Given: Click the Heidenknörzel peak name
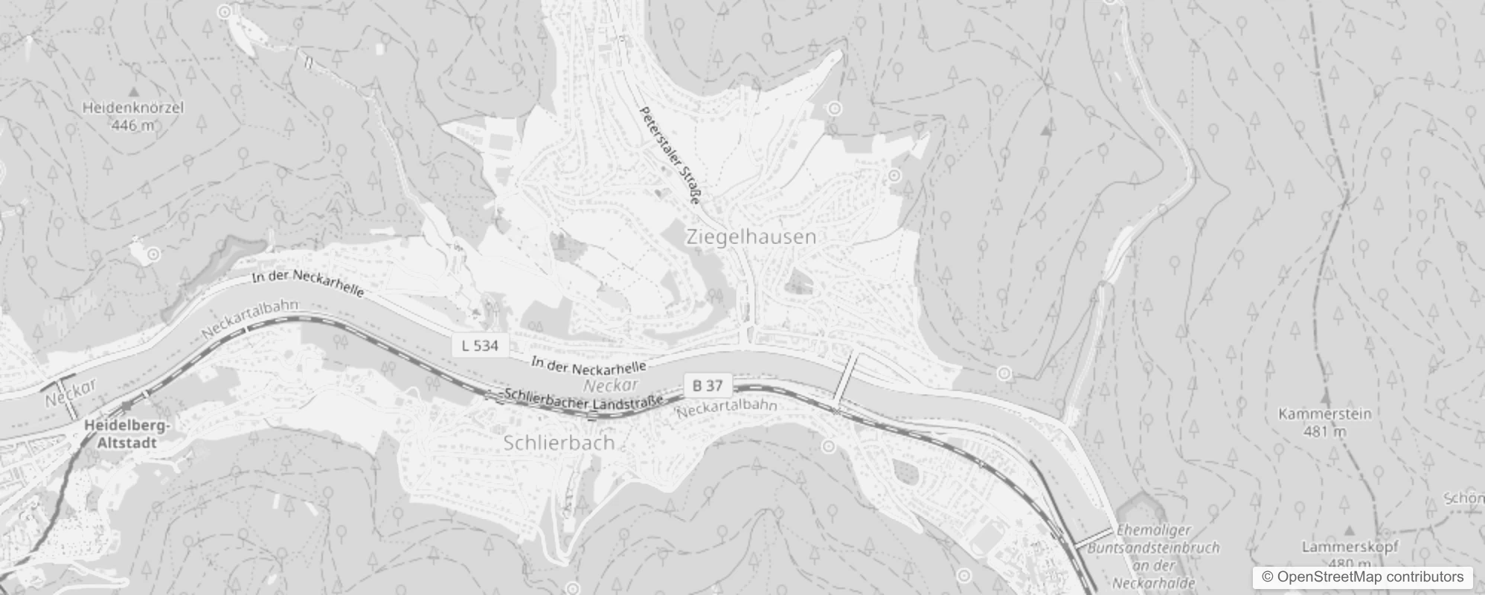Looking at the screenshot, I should pos(133,108).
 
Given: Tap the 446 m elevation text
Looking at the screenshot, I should pos(133,126).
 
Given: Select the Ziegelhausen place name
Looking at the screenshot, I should pos(751,237).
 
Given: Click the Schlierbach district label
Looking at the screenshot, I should pos(559,443).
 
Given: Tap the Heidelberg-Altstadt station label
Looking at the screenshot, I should pos(127,434).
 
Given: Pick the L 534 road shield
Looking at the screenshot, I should pos(480,345).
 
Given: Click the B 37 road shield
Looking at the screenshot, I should pos(708,385).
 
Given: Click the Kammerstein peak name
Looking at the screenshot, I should pos(1324,414).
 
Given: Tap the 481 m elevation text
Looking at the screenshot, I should pos(1325,431).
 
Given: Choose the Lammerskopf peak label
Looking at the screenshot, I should pos(1350,547).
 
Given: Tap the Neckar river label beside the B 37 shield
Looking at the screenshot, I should pos(611,385).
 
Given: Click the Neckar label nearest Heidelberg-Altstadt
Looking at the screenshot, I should pos(71,393).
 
